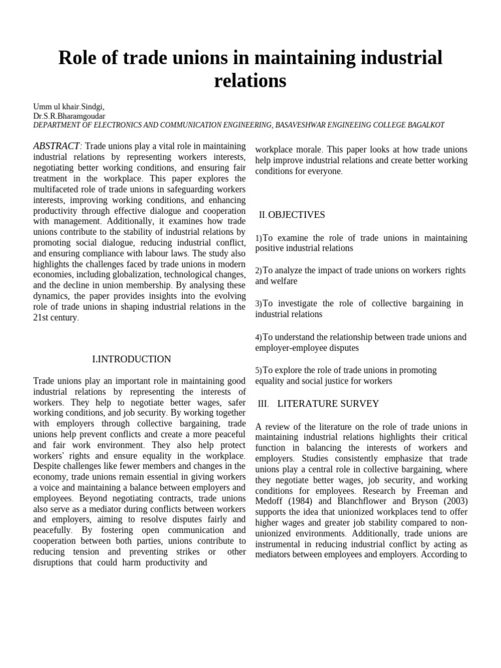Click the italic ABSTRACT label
coord(56,145)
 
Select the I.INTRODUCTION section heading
coord(131,359)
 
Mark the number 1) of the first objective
coord(258,239)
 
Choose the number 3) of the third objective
coord(258,304)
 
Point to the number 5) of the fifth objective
coord(258,371)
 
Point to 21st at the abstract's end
coord(42,318)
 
